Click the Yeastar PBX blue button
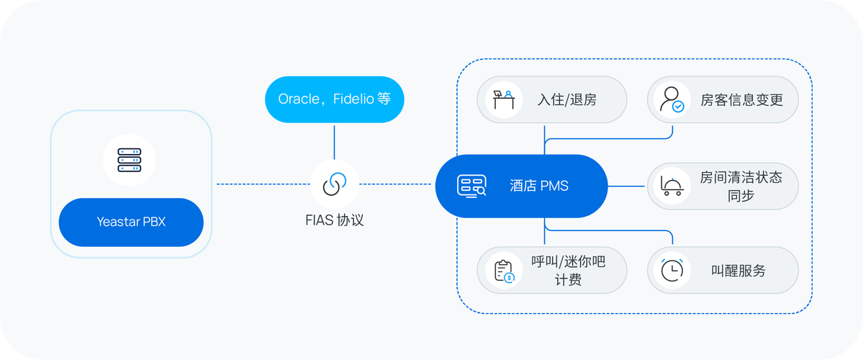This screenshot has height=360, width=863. [131, 222]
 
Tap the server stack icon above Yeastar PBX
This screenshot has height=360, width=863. [130, 159]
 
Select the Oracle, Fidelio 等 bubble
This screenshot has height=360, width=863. [334, 99]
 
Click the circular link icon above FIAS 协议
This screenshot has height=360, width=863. [335, 184]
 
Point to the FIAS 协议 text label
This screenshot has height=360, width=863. [335, 220]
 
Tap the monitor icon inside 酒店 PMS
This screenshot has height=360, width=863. [471, 186]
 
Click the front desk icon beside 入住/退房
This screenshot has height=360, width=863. [503, 99]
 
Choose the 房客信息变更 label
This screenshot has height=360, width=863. [741, 100]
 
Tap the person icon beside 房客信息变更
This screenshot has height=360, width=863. [672, 99]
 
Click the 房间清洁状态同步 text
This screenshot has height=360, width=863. [741, 186]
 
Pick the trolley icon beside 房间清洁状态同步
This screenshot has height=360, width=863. [672, 186]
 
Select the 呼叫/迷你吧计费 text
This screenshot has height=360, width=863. [568, 271]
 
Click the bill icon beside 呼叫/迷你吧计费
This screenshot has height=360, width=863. [503, 271]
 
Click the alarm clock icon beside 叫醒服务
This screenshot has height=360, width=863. [672, 270]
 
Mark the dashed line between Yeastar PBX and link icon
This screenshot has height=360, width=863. [263, 184]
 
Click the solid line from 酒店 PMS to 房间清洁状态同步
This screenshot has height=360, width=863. [626, 186]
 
